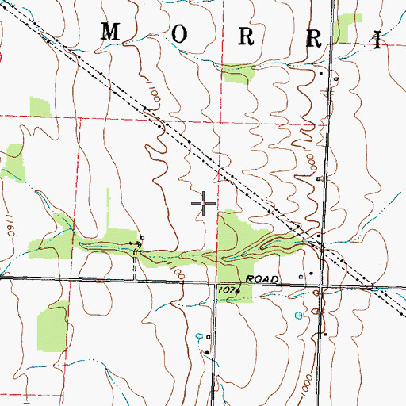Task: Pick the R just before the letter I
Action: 313,38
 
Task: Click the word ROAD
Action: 263,280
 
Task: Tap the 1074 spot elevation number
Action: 228,292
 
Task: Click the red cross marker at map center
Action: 205,204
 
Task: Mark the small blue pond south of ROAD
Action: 298,316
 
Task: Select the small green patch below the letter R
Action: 237,73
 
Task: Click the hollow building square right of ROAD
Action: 301,277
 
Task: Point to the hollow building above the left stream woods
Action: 142,237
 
